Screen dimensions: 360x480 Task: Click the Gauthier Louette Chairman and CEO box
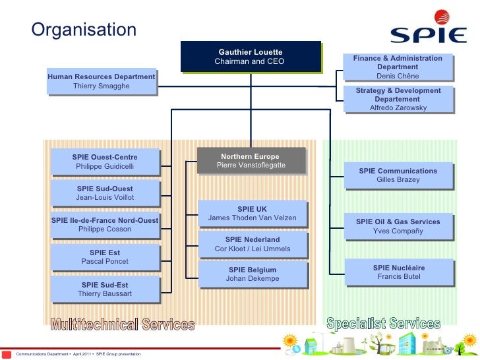250,57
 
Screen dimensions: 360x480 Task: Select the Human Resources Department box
102,82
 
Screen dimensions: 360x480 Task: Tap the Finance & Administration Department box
398,67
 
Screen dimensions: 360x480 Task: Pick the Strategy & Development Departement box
398,99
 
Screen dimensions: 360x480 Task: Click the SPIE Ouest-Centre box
105,162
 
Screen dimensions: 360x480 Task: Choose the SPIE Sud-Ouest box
105,193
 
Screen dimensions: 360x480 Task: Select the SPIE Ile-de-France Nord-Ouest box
105,225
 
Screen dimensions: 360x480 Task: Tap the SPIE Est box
105,257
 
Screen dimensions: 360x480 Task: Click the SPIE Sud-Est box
105,289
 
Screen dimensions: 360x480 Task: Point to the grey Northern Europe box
251,161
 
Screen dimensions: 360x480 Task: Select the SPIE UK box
253,214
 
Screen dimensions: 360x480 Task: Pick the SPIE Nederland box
253,244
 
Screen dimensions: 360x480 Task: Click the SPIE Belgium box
253,274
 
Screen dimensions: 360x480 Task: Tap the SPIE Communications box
398,175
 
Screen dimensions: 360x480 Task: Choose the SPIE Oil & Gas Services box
398,226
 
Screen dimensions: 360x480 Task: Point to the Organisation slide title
84,30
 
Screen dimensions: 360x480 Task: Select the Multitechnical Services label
123,324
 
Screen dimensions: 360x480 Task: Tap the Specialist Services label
383,323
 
